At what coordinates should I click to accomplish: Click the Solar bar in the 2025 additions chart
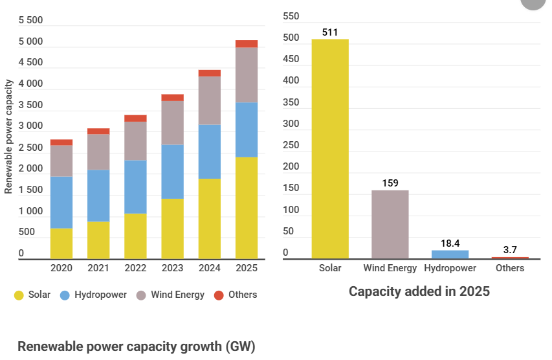point(330,149)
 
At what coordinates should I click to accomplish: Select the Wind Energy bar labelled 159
point(390,224)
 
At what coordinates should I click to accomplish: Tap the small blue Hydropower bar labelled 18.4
point(450,254)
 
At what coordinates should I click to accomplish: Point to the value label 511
point(330,32)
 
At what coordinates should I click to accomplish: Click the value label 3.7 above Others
point(510,249)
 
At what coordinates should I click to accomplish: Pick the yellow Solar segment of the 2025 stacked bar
point(247,208)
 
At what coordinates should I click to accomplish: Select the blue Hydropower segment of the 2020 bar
point(61,203)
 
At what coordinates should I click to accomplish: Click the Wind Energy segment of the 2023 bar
point(172,123)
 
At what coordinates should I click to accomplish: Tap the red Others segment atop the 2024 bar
point(210,73)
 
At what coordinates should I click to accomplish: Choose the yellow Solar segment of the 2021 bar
point(98,240)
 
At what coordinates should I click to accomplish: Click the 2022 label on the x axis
point(135,268)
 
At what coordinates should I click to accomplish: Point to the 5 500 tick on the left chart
point(30,20)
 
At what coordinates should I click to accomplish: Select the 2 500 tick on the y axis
point(30,148)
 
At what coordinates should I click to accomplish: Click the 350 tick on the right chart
point(291,102)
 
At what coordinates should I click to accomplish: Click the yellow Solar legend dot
point(19,295)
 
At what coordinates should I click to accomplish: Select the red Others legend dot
point(219,295)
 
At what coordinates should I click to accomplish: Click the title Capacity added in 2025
point(419,291)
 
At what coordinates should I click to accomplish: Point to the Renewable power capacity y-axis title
point(9,136)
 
